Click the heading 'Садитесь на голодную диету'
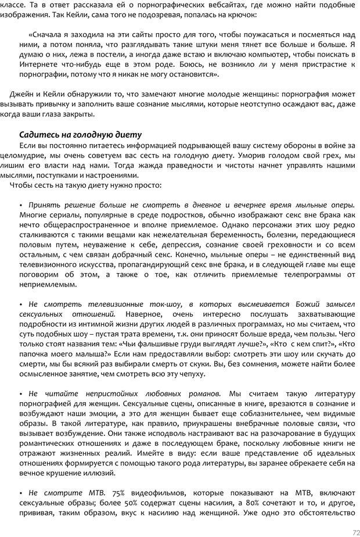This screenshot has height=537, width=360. tap(80, 134)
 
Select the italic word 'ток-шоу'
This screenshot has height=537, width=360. tap(172, 303)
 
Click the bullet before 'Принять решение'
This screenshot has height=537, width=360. tap(21, 205)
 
